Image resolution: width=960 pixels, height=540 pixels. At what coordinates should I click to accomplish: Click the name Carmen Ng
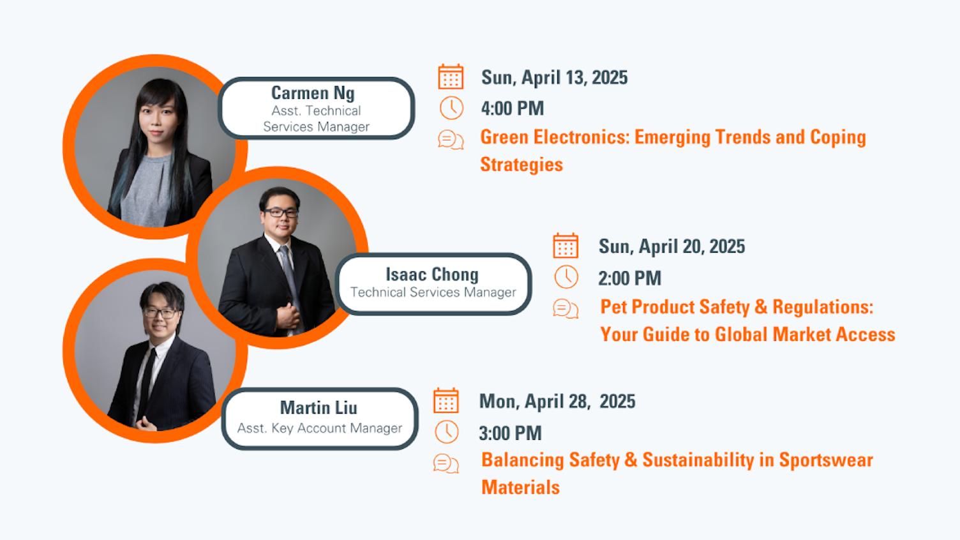(313, 93)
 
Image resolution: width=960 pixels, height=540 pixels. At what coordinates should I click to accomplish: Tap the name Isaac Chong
(432, 274)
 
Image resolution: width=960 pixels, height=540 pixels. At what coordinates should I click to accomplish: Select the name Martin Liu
(319, 408)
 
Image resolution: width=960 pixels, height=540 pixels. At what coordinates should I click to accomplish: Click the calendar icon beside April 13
(451, 77)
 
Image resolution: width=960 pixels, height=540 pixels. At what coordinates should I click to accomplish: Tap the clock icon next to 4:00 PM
(451, 108)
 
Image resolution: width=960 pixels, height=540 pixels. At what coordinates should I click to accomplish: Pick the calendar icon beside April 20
(566, 246)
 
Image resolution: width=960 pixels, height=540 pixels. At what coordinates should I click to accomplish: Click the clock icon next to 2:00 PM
(566, 277)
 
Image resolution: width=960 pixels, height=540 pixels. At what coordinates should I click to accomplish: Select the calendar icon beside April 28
(446, 401)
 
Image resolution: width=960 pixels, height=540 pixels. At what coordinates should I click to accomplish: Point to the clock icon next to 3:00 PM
(447, 432)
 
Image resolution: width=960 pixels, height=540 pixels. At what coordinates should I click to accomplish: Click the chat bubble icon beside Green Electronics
(451, 139)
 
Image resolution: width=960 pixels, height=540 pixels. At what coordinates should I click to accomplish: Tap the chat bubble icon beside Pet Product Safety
(566, 309)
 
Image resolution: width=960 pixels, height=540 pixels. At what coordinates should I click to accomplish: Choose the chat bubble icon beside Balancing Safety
(446, 463)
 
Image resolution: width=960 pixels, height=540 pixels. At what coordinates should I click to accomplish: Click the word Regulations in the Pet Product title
(823, 307)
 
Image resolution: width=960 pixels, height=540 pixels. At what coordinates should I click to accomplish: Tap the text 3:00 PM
(510, 433)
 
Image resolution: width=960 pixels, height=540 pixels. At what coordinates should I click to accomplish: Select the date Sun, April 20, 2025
(671, 246)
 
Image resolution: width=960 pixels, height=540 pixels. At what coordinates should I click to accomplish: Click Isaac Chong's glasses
(281, 213)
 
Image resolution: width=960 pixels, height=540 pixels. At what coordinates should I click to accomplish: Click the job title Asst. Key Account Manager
(320, 428)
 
